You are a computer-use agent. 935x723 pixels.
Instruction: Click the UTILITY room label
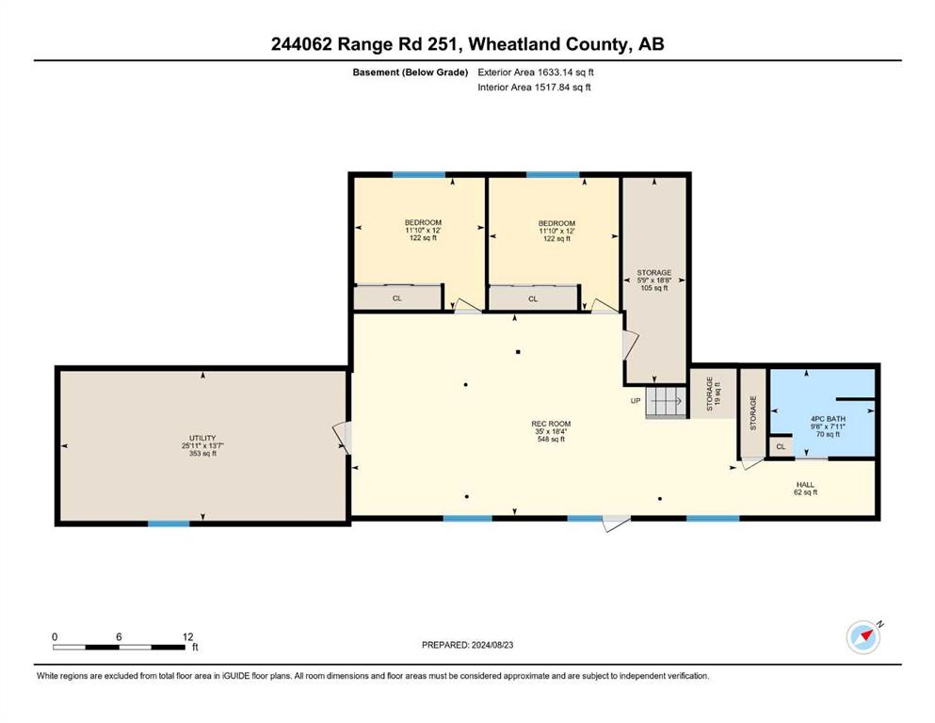pos(202,438)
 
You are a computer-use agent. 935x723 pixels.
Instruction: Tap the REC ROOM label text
pos(551,424)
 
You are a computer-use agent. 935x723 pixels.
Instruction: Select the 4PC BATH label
pos(829,419)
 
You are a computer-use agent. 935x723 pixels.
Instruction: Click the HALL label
pos(805,485)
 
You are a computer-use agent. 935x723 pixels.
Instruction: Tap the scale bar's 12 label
pos(187,636)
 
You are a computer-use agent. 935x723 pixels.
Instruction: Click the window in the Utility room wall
pos(169,523)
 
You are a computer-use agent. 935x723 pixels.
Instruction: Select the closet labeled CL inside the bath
pos(781,446)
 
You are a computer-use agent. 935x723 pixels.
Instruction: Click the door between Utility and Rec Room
pos(343,438)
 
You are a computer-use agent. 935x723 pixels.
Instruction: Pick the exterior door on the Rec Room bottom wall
pos(616,522)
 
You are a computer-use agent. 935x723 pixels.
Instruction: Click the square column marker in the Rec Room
pos(518,352)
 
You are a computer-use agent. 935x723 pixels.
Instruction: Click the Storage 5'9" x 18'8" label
pos(654,281)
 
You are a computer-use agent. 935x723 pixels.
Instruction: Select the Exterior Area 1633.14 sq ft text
pos(536,72)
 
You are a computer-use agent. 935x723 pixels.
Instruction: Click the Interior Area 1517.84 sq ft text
pos(534,87)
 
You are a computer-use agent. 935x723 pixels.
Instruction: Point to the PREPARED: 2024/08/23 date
pos(467,645)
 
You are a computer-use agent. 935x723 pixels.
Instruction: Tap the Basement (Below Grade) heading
pos(411,72)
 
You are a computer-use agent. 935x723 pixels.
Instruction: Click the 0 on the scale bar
pos(55,636)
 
